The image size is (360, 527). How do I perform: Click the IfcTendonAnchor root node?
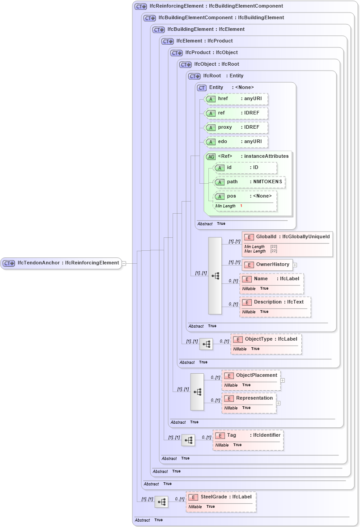61,263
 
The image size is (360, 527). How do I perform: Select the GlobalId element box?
287,244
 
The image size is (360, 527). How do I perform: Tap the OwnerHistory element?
267,265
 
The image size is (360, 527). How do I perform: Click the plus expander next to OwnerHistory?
295,265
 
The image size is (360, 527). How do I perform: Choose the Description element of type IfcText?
275,306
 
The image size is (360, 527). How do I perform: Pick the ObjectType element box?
266,343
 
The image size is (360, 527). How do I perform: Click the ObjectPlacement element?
251,379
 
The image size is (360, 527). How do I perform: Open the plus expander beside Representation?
279,403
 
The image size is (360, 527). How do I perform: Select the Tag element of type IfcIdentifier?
248,439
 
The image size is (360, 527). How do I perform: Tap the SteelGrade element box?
221,501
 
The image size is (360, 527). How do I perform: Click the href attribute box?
236,99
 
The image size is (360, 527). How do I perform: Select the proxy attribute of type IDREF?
236,127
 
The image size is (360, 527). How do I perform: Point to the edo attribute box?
236,142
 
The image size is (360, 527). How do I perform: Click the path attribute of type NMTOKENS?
250,182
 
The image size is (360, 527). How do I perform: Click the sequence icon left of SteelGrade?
161,502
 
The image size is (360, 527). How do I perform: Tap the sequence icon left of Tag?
188,440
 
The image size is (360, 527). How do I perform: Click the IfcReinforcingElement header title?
216,6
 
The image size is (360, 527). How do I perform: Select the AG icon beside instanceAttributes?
211,156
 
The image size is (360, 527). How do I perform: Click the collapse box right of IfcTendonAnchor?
124,263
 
